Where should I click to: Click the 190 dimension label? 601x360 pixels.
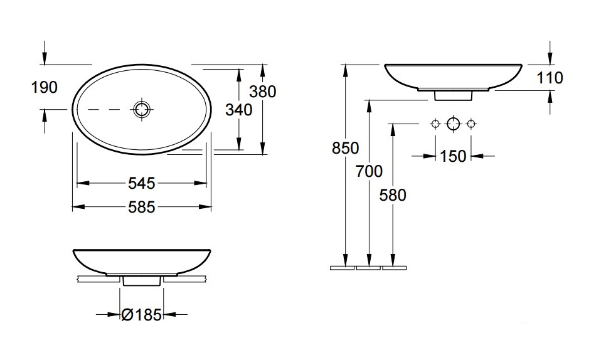tap(44, 87)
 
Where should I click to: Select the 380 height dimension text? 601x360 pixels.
tap(263, 92)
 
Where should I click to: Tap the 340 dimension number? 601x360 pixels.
tap(239, 110)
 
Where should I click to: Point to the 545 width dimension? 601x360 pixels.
tap(141, 183)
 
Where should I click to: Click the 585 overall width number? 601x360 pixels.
tap(141, 208)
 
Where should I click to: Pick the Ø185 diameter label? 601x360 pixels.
tap(141, 315)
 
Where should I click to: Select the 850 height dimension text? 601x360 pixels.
tap(345, 148)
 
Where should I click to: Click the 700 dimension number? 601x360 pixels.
tap(369, 171)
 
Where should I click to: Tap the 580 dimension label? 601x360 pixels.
tap(393, 195)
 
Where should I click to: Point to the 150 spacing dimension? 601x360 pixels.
tap(453, 156)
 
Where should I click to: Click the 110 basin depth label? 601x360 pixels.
tap(550, 78)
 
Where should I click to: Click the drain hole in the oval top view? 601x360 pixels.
tap(142, 109)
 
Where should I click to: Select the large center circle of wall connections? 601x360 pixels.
tap(453, 124)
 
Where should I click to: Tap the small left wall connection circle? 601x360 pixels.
tap(435, 124)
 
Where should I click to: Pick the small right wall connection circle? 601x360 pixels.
tap(471, 124)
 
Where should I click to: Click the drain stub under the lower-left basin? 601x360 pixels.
tap(141, 281)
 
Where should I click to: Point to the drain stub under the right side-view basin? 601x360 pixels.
tap(453, 96)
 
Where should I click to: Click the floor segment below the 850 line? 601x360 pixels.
tap(343, 268)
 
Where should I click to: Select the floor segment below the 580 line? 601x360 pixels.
tap(394, 268)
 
